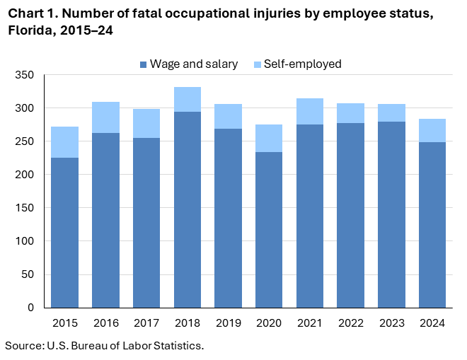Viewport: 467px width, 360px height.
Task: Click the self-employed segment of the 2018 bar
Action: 188,100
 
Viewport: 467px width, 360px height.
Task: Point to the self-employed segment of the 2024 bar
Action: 432,131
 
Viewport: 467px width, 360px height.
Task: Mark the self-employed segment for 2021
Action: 310,112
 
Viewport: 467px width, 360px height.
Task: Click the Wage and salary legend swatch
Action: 144,64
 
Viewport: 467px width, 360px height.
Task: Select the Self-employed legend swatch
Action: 258,64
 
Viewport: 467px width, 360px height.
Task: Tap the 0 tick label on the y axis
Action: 31,308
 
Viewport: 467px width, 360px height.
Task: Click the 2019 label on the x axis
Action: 228,323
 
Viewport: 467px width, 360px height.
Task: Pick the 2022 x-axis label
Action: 351,323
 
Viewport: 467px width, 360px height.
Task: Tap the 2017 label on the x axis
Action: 146,323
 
